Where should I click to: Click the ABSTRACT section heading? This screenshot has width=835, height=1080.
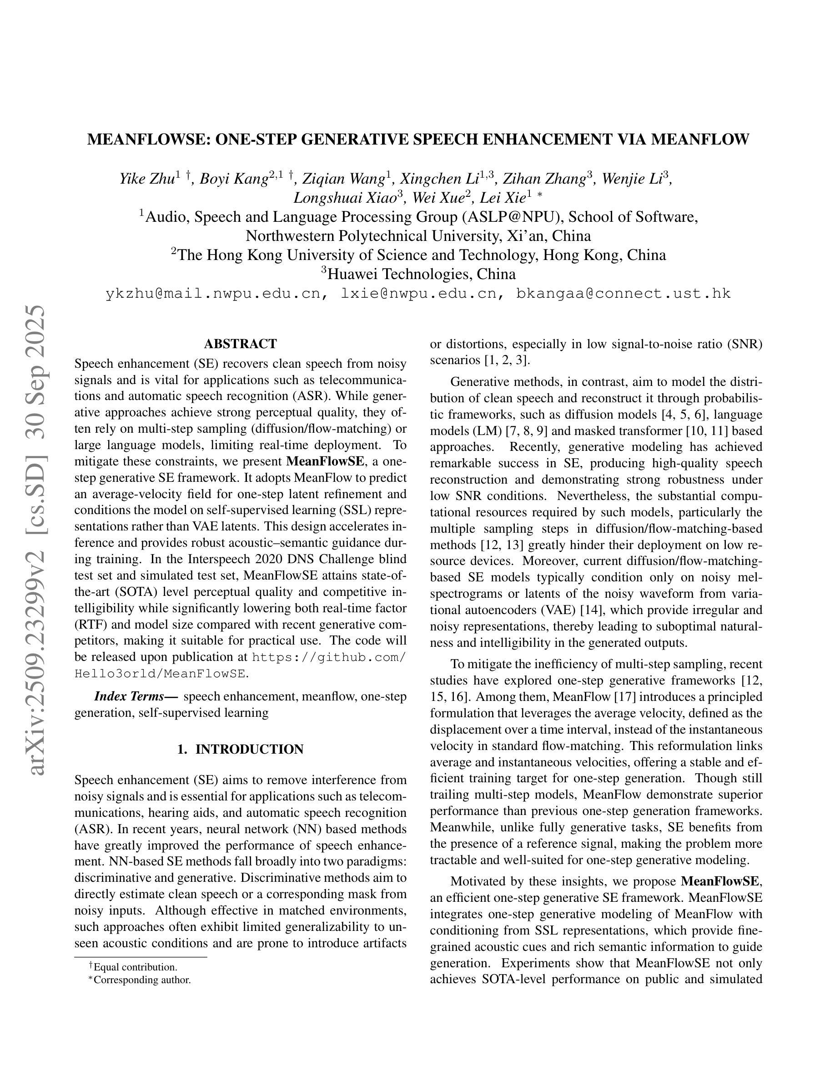click(241, 344)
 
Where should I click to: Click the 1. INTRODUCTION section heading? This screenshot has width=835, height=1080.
click(241, 749)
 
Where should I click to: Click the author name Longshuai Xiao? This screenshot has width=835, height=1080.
click(346, 198)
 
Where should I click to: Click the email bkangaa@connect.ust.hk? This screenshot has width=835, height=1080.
click(623, 294)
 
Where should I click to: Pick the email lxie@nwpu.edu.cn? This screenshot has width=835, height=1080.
click(418, 294)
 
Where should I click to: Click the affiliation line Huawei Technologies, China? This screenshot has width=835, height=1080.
click(418, 274)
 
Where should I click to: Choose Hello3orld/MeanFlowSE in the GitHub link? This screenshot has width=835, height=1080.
click(160, 674)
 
